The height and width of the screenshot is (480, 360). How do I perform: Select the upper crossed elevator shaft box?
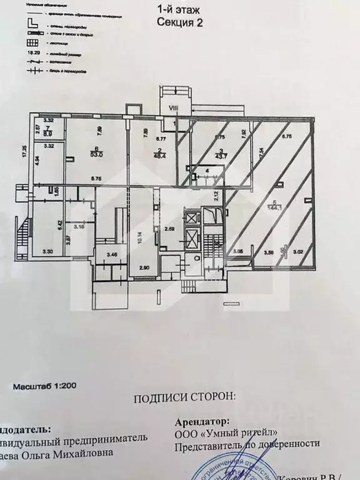tap(191, 219)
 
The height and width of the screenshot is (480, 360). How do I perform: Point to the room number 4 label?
tap(207, 170)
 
